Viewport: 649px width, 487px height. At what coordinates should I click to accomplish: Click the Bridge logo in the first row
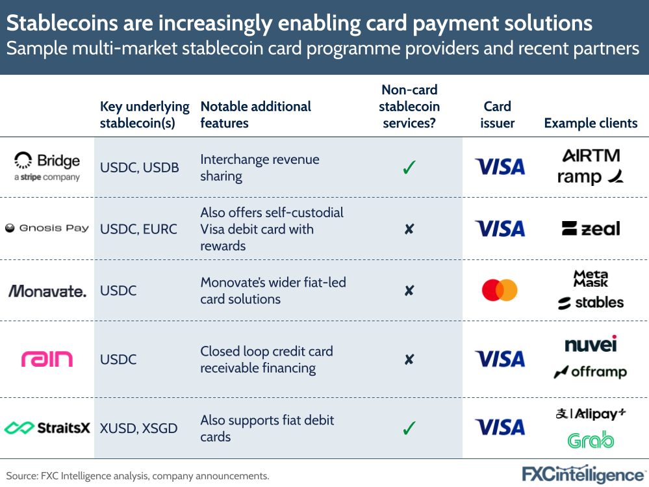click(x=47, y=166)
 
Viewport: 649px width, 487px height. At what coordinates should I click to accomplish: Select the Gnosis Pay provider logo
click(x=47, y=228)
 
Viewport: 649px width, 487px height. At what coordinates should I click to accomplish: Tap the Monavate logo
click(x=47, y=291)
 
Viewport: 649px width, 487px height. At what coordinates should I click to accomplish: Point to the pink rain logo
click(x=47, y=359)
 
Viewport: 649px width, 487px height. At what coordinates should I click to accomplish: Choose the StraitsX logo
click(x=47, y=428)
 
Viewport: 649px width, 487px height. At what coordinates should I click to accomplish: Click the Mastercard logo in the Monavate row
click(x=500, y=290)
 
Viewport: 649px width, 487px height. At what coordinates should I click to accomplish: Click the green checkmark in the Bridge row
click(x=409, y=168)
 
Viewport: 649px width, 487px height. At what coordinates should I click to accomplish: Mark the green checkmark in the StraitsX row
click(x=409, y=428)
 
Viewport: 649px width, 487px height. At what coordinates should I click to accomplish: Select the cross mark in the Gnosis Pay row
click(x=409, y=229)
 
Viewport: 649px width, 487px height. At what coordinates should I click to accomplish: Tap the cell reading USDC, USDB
click(x=139, y=168)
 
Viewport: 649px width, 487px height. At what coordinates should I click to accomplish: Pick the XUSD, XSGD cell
click(x=139, y=428)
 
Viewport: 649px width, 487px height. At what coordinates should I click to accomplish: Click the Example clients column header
click(x=591, y=123)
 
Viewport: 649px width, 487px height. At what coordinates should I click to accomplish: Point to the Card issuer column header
click(x=498, y=114)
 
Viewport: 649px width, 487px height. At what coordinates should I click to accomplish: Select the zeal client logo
click(x=591, y=228)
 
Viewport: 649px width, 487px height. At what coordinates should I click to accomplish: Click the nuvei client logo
click(x=591, y=343)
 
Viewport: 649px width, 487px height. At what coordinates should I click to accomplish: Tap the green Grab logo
click(x=591, y=440)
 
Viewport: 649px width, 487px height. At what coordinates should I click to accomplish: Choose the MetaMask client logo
click(x=591, y=278)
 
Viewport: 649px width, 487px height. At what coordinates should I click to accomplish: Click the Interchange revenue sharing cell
click(x=260, y=168)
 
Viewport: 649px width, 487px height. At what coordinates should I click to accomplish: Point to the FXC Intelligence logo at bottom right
click(x=584, y=474)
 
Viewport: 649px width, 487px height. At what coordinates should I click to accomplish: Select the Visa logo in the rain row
click(x=500, y=359)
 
